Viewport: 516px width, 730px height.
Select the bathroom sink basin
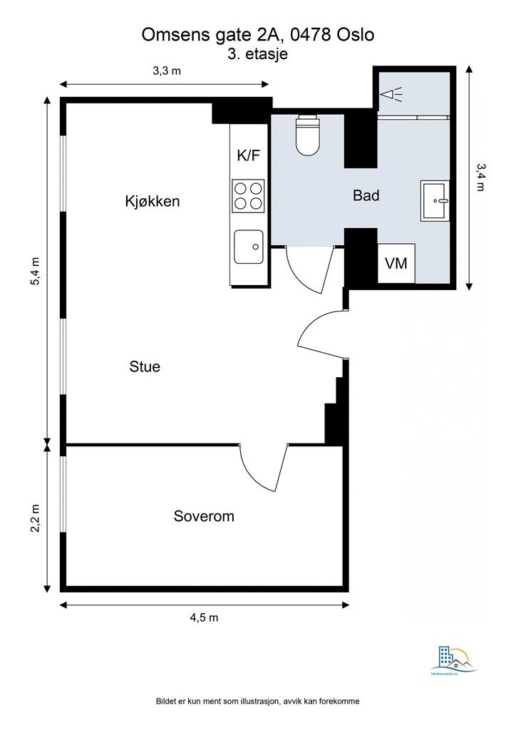(x=435, y=200)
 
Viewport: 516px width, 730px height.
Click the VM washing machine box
(x=396, y=264)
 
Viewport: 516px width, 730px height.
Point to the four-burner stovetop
(x=248, y=195)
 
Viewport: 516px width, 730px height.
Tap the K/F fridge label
(x=248, y=156)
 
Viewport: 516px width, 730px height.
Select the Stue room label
(x=145, y=367)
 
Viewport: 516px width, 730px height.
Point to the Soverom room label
(x=204, y=516)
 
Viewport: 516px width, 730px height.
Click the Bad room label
(x=366, y=195)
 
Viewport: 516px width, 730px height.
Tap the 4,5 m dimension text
(x=204, y=617)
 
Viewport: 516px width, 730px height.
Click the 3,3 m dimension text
(x=166, y=71)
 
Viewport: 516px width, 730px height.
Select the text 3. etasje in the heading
(x=257, y=53)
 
